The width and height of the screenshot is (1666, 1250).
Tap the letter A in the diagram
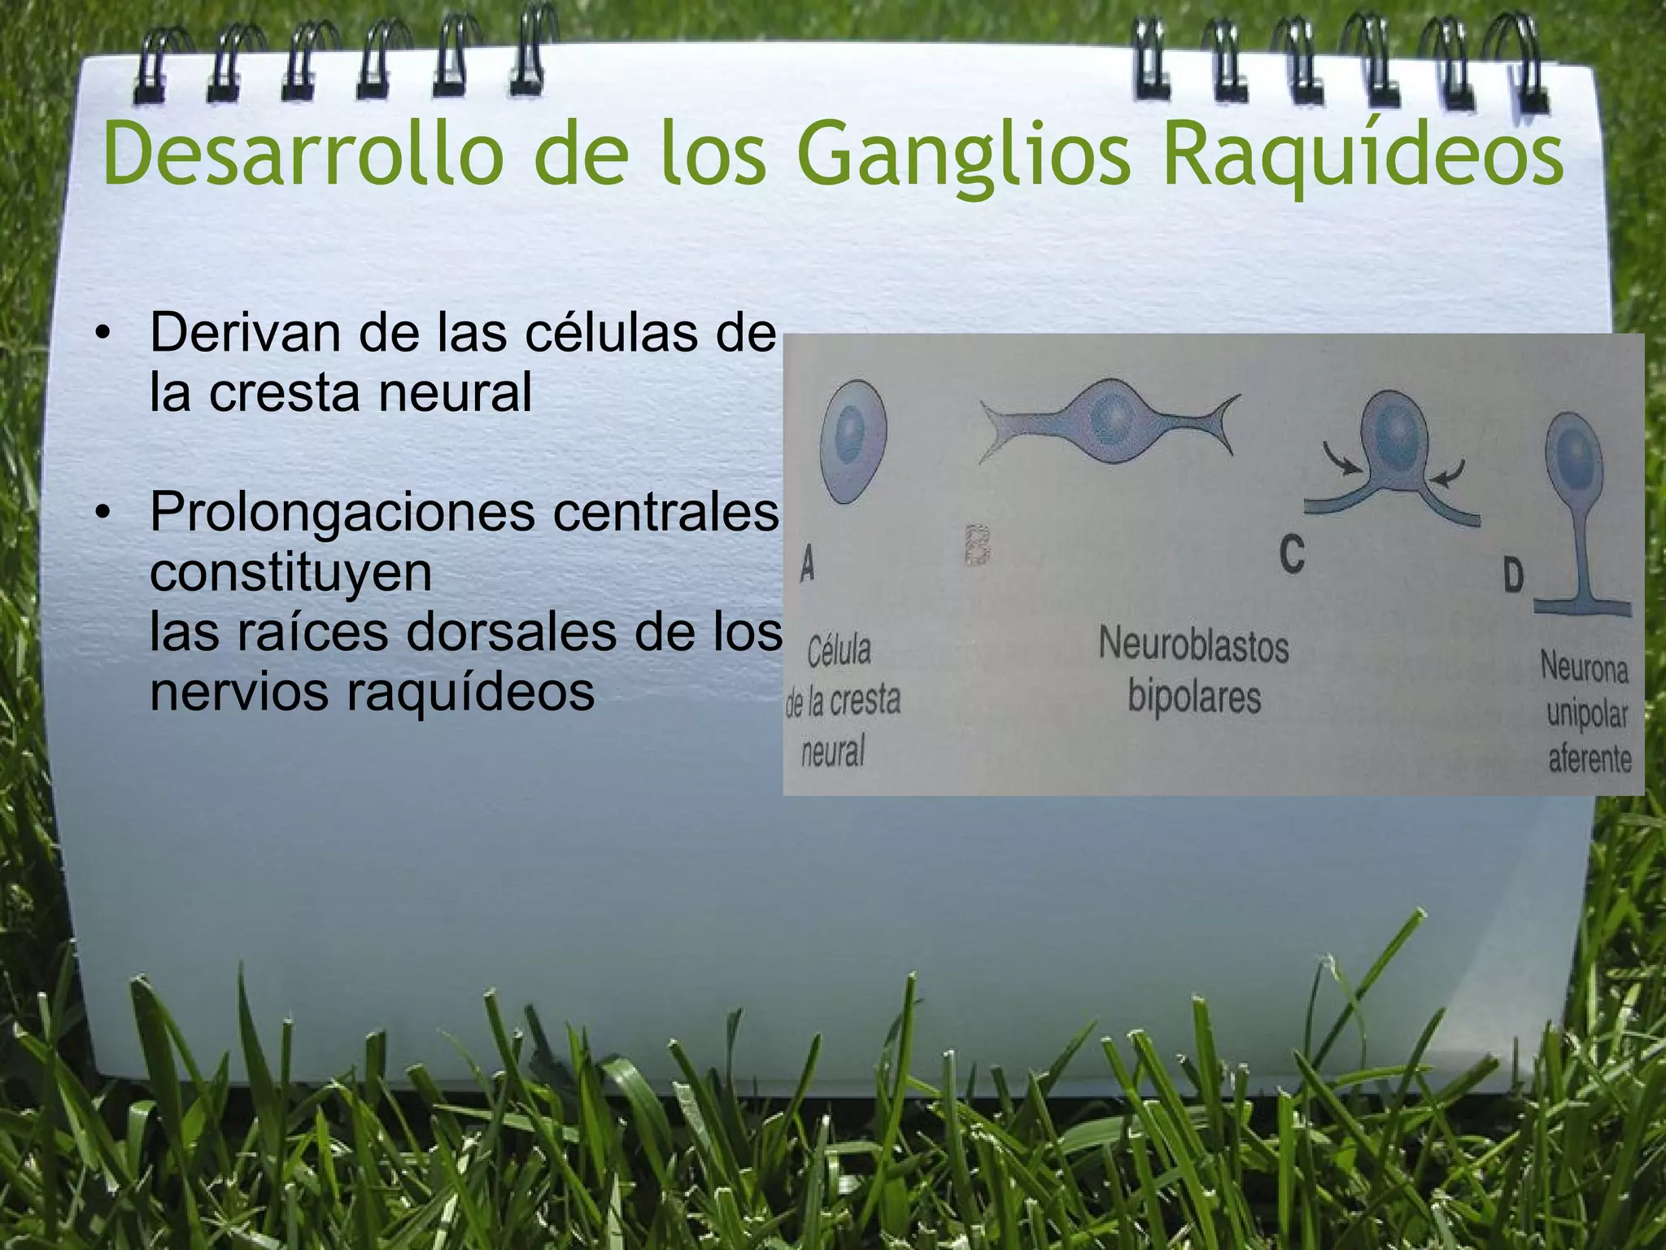coord(807,563)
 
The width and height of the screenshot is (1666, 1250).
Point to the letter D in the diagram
coord(1513,577)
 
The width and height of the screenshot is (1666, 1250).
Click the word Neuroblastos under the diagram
coord(1193,646)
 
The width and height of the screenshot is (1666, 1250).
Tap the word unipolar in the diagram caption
coord(1586,714)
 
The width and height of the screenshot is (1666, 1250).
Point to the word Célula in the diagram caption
coord(839,651)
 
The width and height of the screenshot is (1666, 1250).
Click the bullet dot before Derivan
coord(101,334)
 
